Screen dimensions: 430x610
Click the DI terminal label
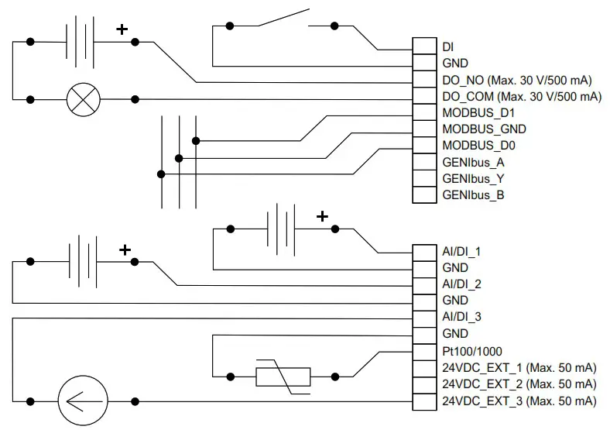(x=448, y=46)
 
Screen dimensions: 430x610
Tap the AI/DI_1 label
(x=461, y=252)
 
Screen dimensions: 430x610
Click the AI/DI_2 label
(x=461, y=284)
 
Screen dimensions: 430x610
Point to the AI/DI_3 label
(x=461, y=317)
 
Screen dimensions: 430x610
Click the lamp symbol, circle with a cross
(x=79, y=99)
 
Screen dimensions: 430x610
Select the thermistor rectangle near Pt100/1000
(x=283, y=377)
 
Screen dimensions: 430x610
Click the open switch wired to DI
(x=283, y=20)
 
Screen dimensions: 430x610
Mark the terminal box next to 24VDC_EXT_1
(x=424, y=368)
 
